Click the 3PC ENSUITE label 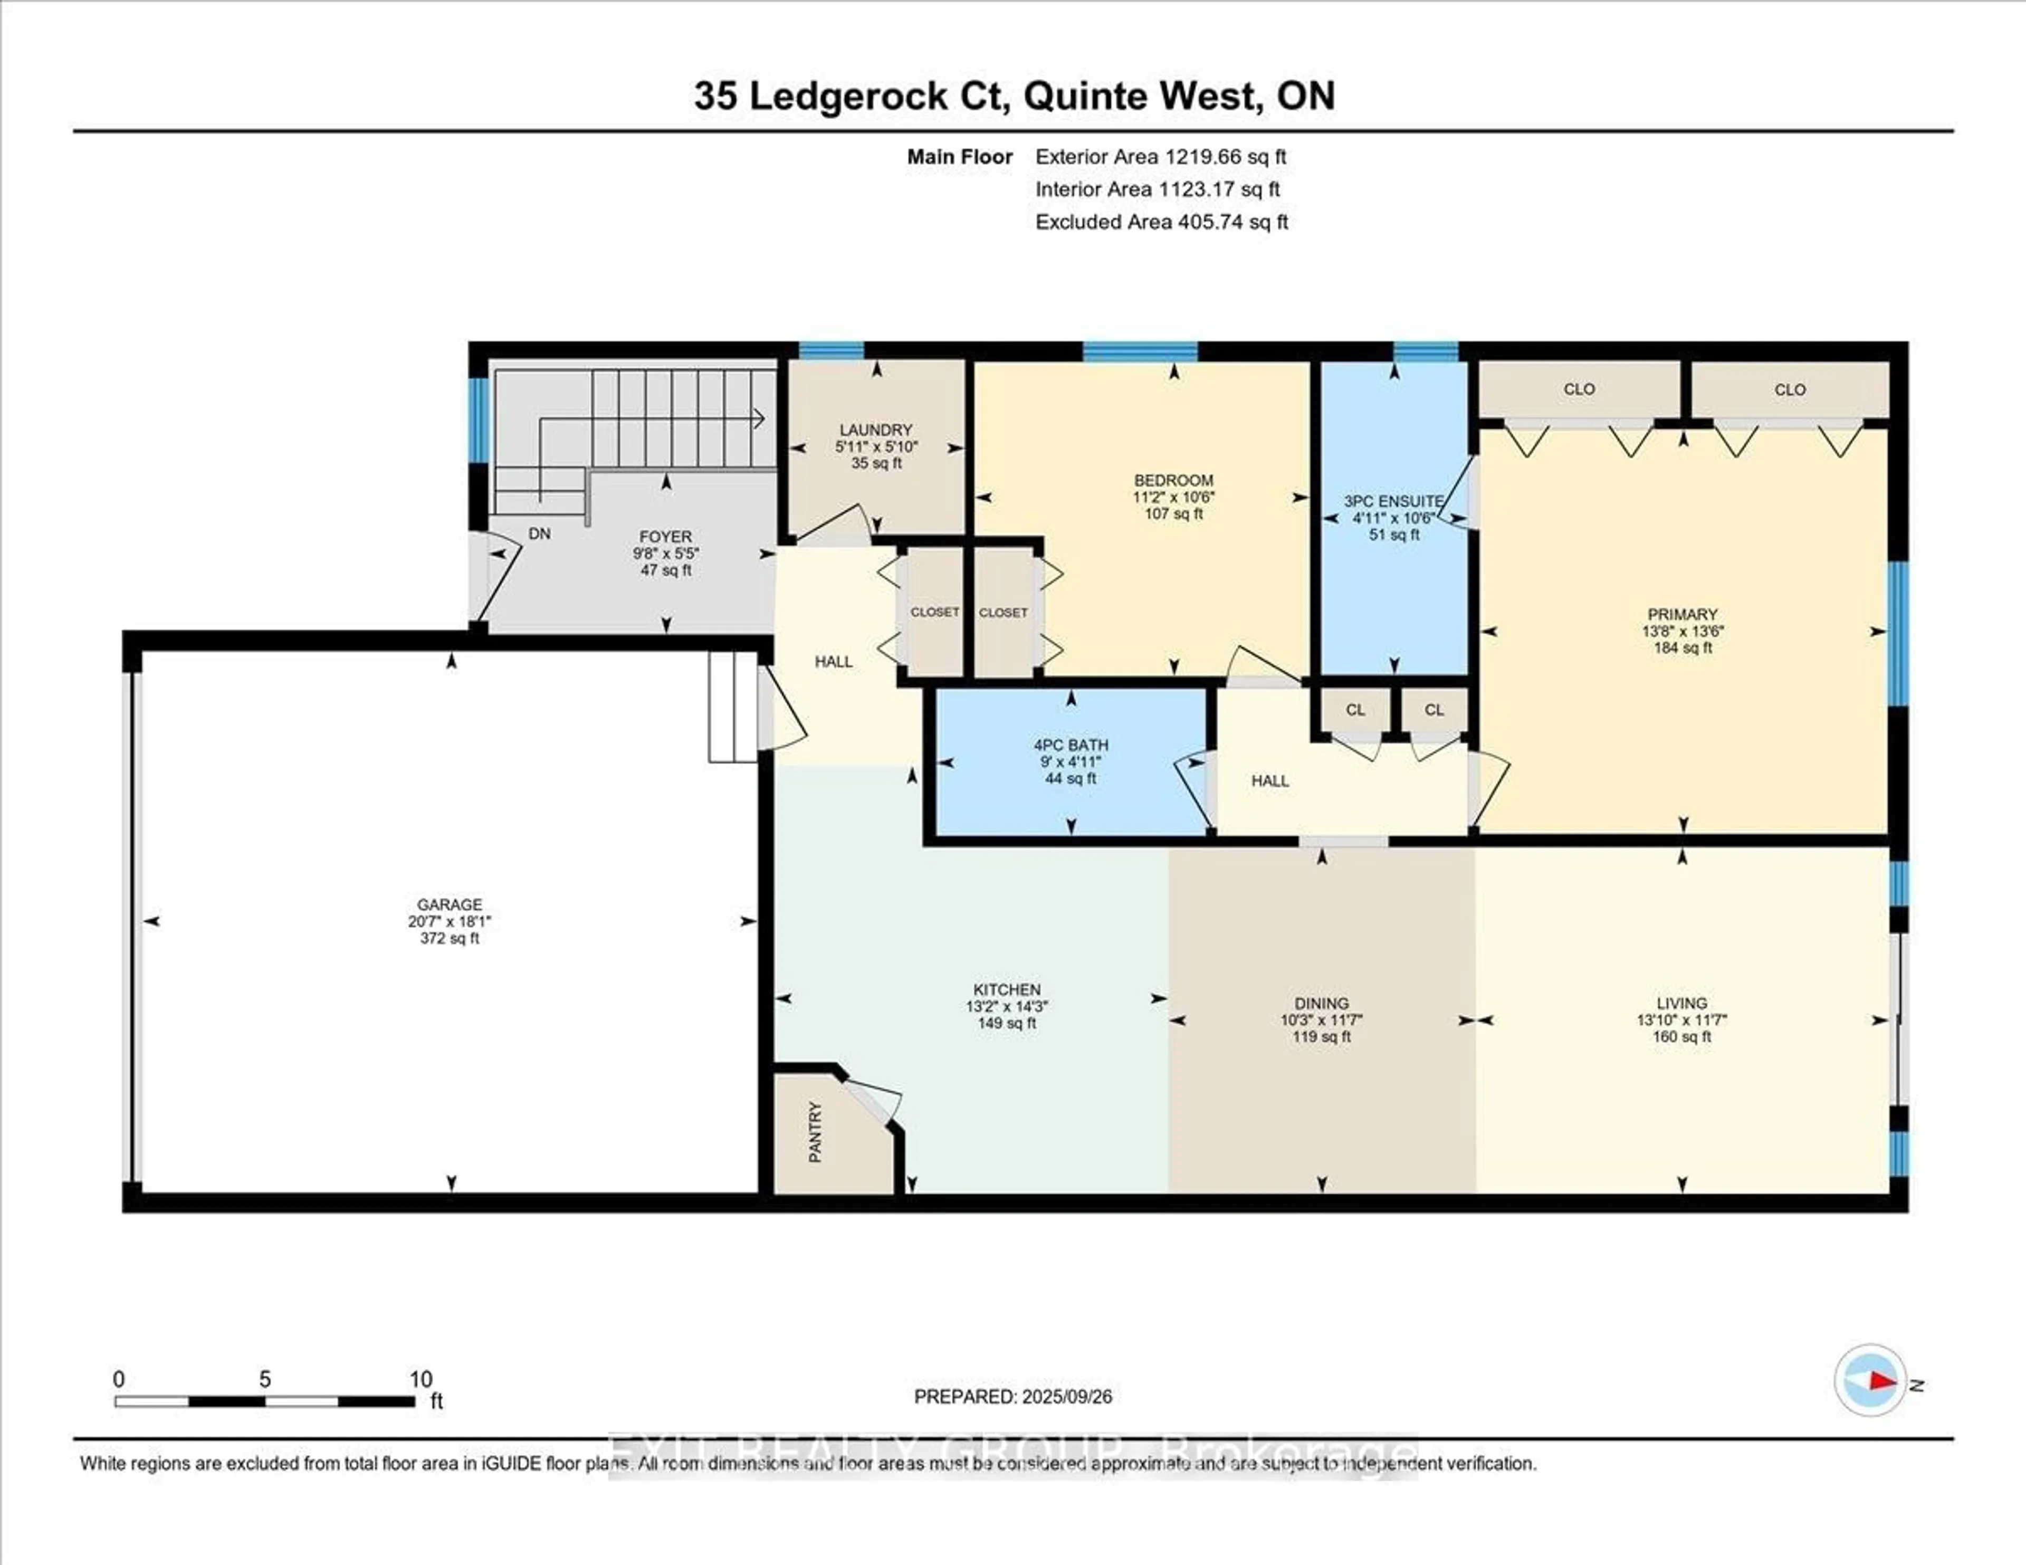tap(1393, 501)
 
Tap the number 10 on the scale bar tap(421, 1379)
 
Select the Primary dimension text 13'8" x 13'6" tap(1682, 631)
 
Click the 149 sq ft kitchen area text tap(1007, 1023)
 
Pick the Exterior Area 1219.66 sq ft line tap(1161, 157)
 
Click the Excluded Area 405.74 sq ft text tap(1161, 222)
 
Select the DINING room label tap(1321, 1004)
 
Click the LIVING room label tap(1682, 1003)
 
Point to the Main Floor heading tap(959, 157)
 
